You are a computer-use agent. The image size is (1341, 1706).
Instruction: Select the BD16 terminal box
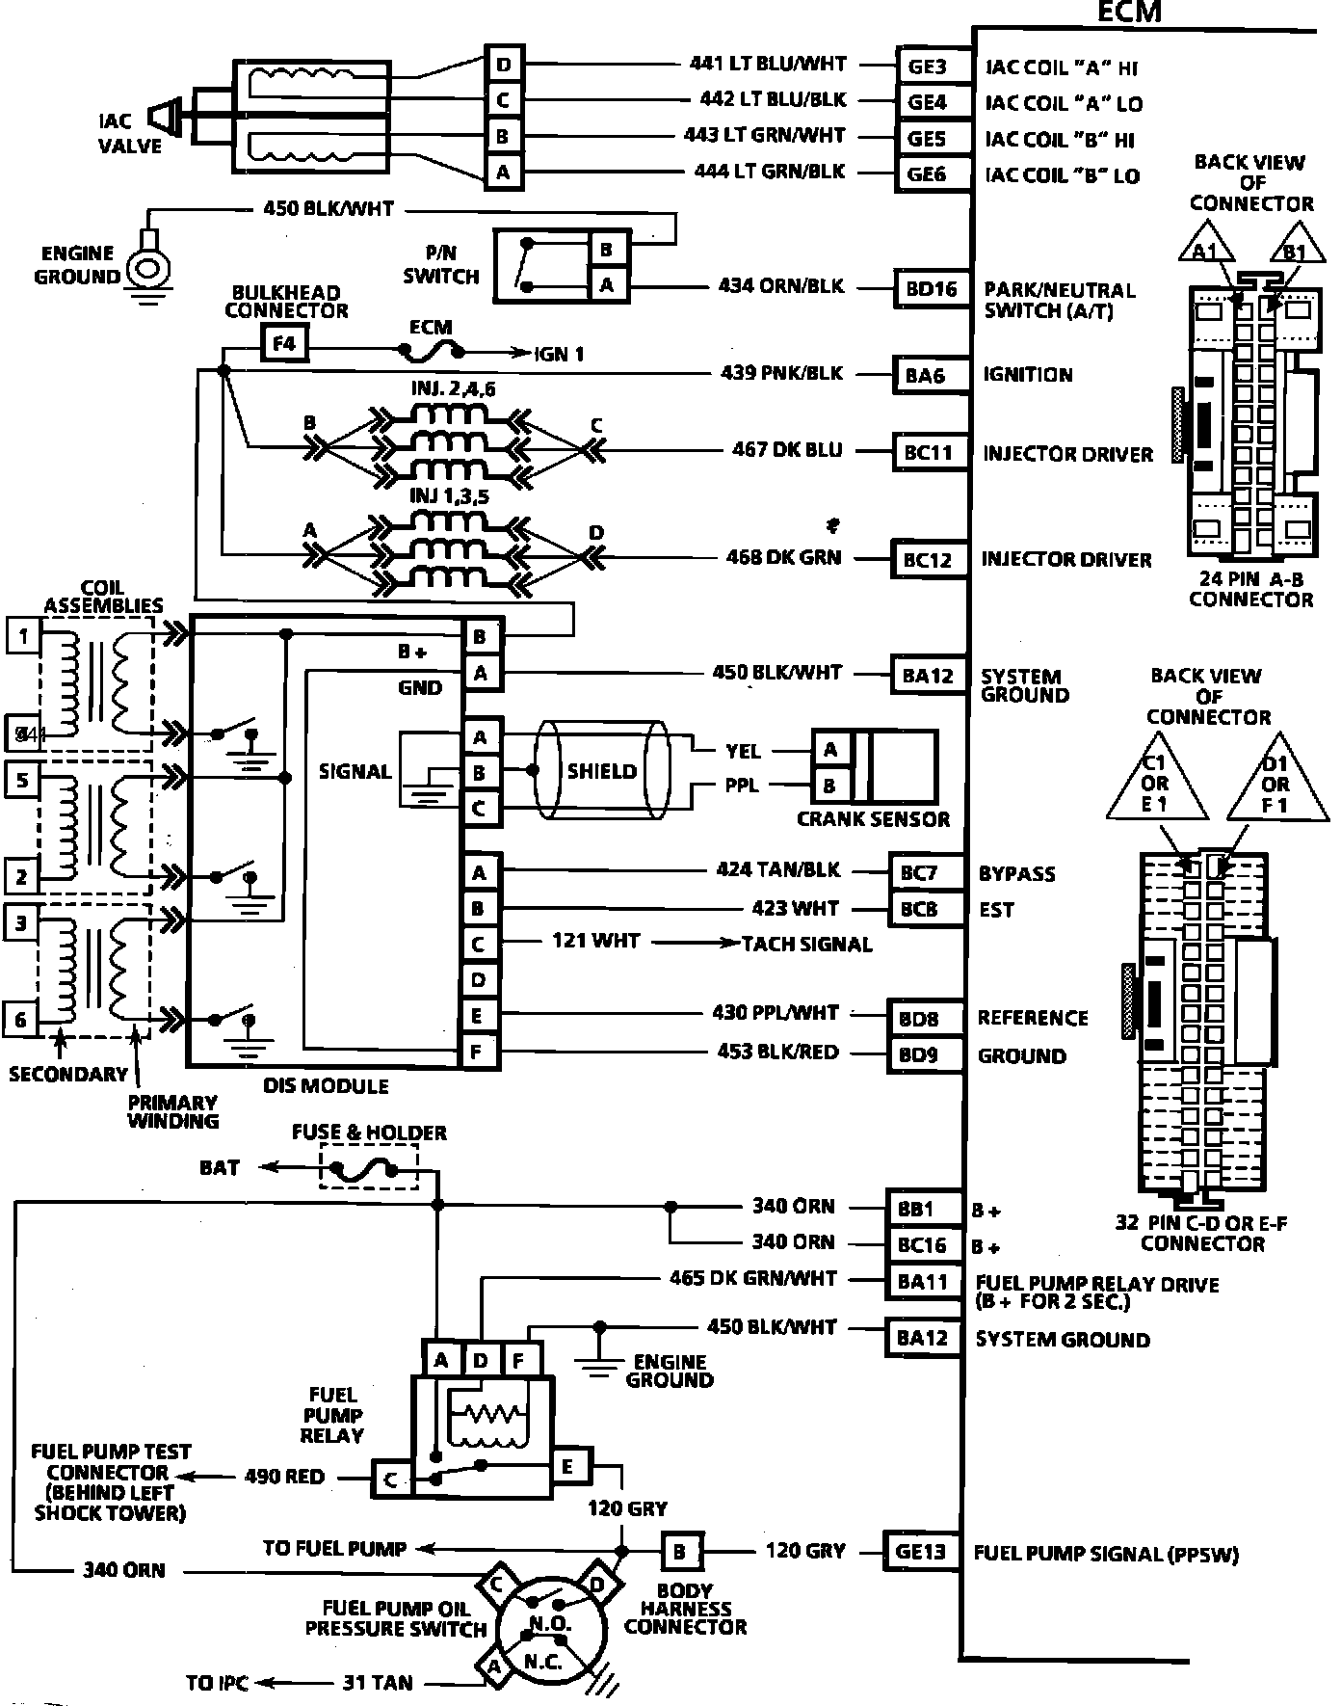click(932, 288)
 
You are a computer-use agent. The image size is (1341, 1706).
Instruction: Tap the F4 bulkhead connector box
click(285, 343)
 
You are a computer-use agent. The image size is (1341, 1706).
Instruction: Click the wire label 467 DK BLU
click(786, 449)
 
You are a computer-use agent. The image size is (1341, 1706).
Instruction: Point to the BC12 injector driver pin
click(928, 559)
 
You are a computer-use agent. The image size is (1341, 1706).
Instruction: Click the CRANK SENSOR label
click(873, 819)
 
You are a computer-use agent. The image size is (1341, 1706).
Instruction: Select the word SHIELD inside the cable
click(602, 771)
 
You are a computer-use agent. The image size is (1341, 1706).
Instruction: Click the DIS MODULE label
click(326, 1085)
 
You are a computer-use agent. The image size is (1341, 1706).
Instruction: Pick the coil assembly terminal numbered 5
click(22, 779)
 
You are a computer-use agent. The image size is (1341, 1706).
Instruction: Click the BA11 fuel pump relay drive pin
click(923, 1282)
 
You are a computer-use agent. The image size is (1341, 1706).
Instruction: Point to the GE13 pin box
click(921, 1552)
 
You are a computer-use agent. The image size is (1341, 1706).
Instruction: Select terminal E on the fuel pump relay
click(568, 1467)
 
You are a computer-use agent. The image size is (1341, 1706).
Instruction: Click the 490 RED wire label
click(284, 1477)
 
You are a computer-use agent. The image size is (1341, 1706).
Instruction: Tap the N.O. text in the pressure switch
click(550, 1624)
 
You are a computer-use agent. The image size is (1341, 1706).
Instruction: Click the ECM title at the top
click(1130, 12)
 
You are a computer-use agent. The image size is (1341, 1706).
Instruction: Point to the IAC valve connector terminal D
click(504, 65)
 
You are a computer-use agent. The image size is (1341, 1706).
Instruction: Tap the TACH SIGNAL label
click(807, 945)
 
